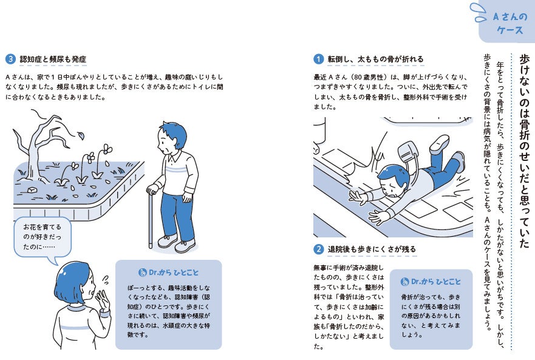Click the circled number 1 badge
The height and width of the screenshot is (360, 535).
[x=318, y=59]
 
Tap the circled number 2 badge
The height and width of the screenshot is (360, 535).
[x=318, y=250]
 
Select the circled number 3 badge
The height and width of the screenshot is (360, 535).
[x=10, y=59]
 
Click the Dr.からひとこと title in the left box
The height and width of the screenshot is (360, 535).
[x=168, y=271]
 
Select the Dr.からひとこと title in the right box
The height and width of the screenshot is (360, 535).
[x=431, y=282]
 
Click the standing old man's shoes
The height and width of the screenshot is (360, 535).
[x=176, y=244]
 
